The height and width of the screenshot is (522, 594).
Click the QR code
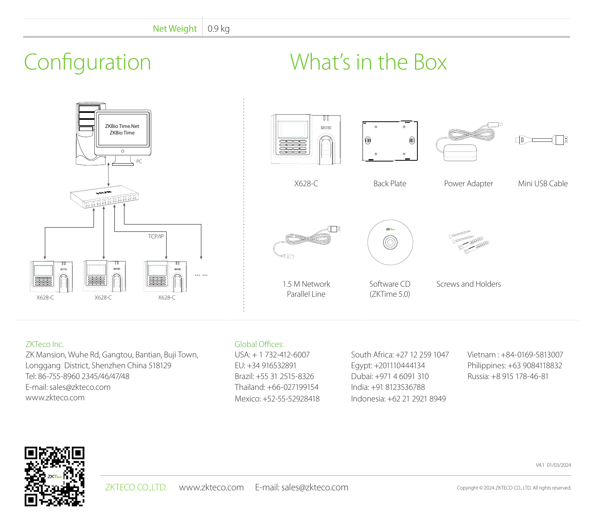pyautogui.click(x=54, y=476)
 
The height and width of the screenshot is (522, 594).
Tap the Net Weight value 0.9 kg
pyautogui.click(x=218, y=29)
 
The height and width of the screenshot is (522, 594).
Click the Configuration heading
pyautogui.click(x=87, y=62)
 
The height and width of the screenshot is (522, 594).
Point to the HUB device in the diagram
pyautogui.click(x=104, y=196)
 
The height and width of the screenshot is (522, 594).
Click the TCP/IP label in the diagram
pyautogui.click(x=156, y=236)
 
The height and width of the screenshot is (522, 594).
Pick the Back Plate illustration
pyautogui.click(x=390, y=141)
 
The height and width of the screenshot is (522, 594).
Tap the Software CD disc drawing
pyautogui.click(x=390, y=242)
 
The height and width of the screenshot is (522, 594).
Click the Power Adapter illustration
pyautogui.click(x=469, y=142)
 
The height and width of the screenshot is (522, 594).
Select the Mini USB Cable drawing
pyautogui.click(x=541, y=140)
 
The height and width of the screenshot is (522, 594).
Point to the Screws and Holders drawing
pyautogui.click(x=469, y=242)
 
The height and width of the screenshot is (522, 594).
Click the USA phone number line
pyautogui.click(x=272, y=355)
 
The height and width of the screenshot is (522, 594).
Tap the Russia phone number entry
pyautogui.click(x=508, y=376)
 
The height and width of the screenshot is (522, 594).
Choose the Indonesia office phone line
pyautogui.click(x=398, y=399)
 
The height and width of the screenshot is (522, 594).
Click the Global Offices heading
pyautogui.click(x=259, y=344)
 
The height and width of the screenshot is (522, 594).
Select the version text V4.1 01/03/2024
pyautogui.click(x=553, y=465)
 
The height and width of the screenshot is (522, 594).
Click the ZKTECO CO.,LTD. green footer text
pyautogui.click(x=136, y=487)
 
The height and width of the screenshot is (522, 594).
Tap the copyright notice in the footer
pyautogui.click(x=514, y=488)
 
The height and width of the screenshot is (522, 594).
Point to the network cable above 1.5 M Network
pyautogui.click(x=306, y=242)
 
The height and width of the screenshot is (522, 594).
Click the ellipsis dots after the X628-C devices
pyautogui.click(x=201, y=275)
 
